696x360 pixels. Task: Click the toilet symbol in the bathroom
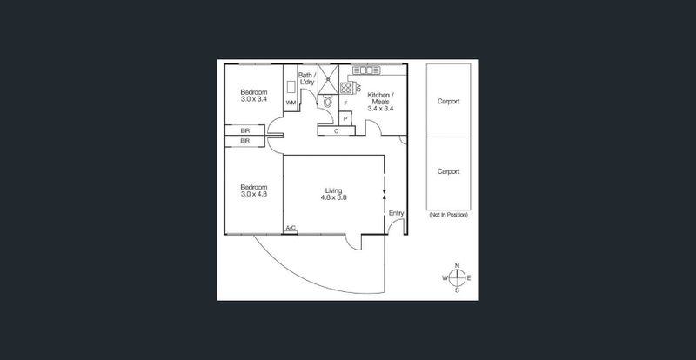coord(328,102)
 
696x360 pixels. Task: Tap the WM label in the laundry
coord(291,103)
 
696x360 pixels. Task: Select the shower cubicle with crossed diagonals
coord(328,79)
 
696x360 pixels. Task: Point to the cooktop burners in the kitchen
coord(345,88)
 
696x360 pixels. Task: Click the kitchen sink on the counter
coord(366,70)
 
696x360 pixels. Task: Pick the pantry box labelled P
coord(345,118)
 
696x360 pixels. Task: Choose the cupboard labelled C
coord(337,131)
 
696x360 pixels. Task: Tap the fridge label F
coord(345,103)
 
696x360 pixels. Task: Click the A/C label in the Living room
coord(291,228)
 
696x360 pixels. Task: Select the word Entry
coord(397,213)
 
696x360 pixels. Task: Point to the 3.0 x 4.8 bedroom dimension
coord(254,194)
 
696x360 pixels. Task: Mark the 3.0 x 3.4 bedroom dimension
coord(254,99)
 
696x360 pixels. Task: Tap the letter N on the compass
coord(458,266)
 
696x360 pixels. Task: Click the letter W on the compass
coord(445,278)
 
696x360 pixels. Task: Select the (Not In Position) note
coord(448,215)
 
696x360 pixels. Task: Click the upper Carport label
coord(448,101)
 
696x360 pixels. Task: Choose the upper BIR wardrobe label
coord(244,131)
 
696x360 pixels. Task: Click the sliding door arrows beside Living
coord(385,194)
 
